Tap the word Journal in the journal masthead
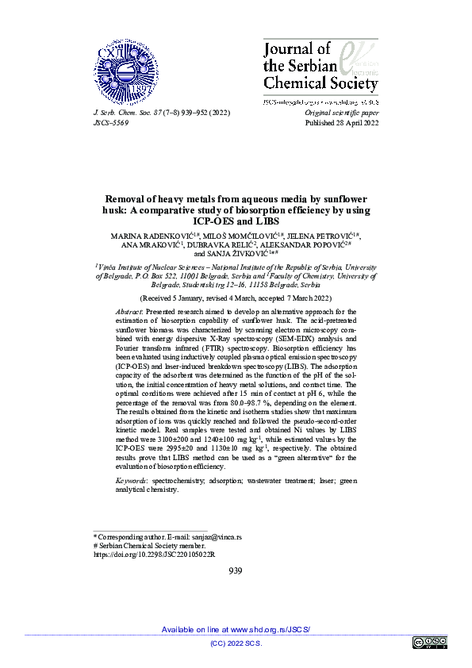click(x=286, y=51)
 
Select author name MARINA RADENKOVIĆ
click(x=143, y=236)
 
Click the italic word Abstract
click(x=129, y=313)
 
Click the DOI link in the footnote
click(x=155, y=555)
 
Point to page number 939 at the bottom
click(x=235, y=570)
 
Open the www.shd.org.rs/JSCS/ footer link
click(x=270, y=629)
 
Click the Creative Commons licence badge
click(x=429, y=643)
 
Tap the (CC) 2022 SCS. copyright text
click(x=236, y=643)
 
